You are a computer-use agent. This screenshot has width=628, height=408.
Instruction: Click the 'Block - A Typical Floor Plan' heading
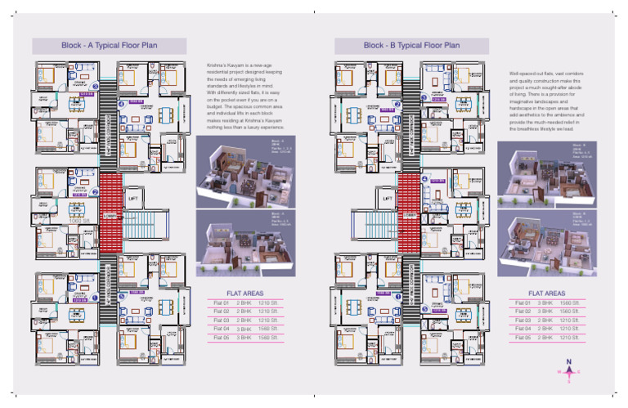point(110,46)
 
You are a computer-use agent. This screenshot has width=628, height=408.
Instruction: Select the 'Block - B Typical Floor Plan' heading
point(412,46)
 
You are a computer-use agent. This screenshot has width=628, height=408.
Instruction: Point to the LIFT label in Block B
point(389,197)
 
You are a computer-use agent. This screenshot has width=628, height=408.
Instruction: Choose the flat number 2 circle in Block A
point(95,192)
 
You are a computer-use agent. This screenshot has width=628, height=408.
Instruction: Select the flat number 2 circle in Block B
point(397,104)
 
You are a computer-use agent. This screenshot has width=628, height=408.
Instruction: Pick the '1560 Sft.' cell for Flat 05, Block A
point(270,337)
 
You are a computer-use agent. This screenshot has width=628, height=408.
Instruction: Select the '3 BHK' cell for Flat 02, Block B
point(545,312)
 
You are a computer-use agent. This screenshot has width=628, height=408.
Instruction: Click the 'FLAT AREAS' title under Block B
point(546,292)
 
